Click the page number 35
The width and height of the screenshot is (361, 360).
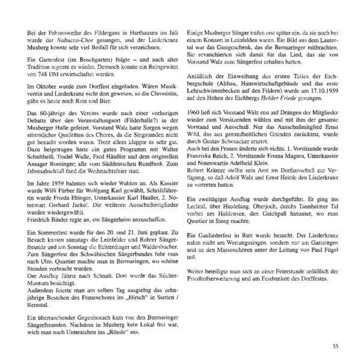tap(335, 344)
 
